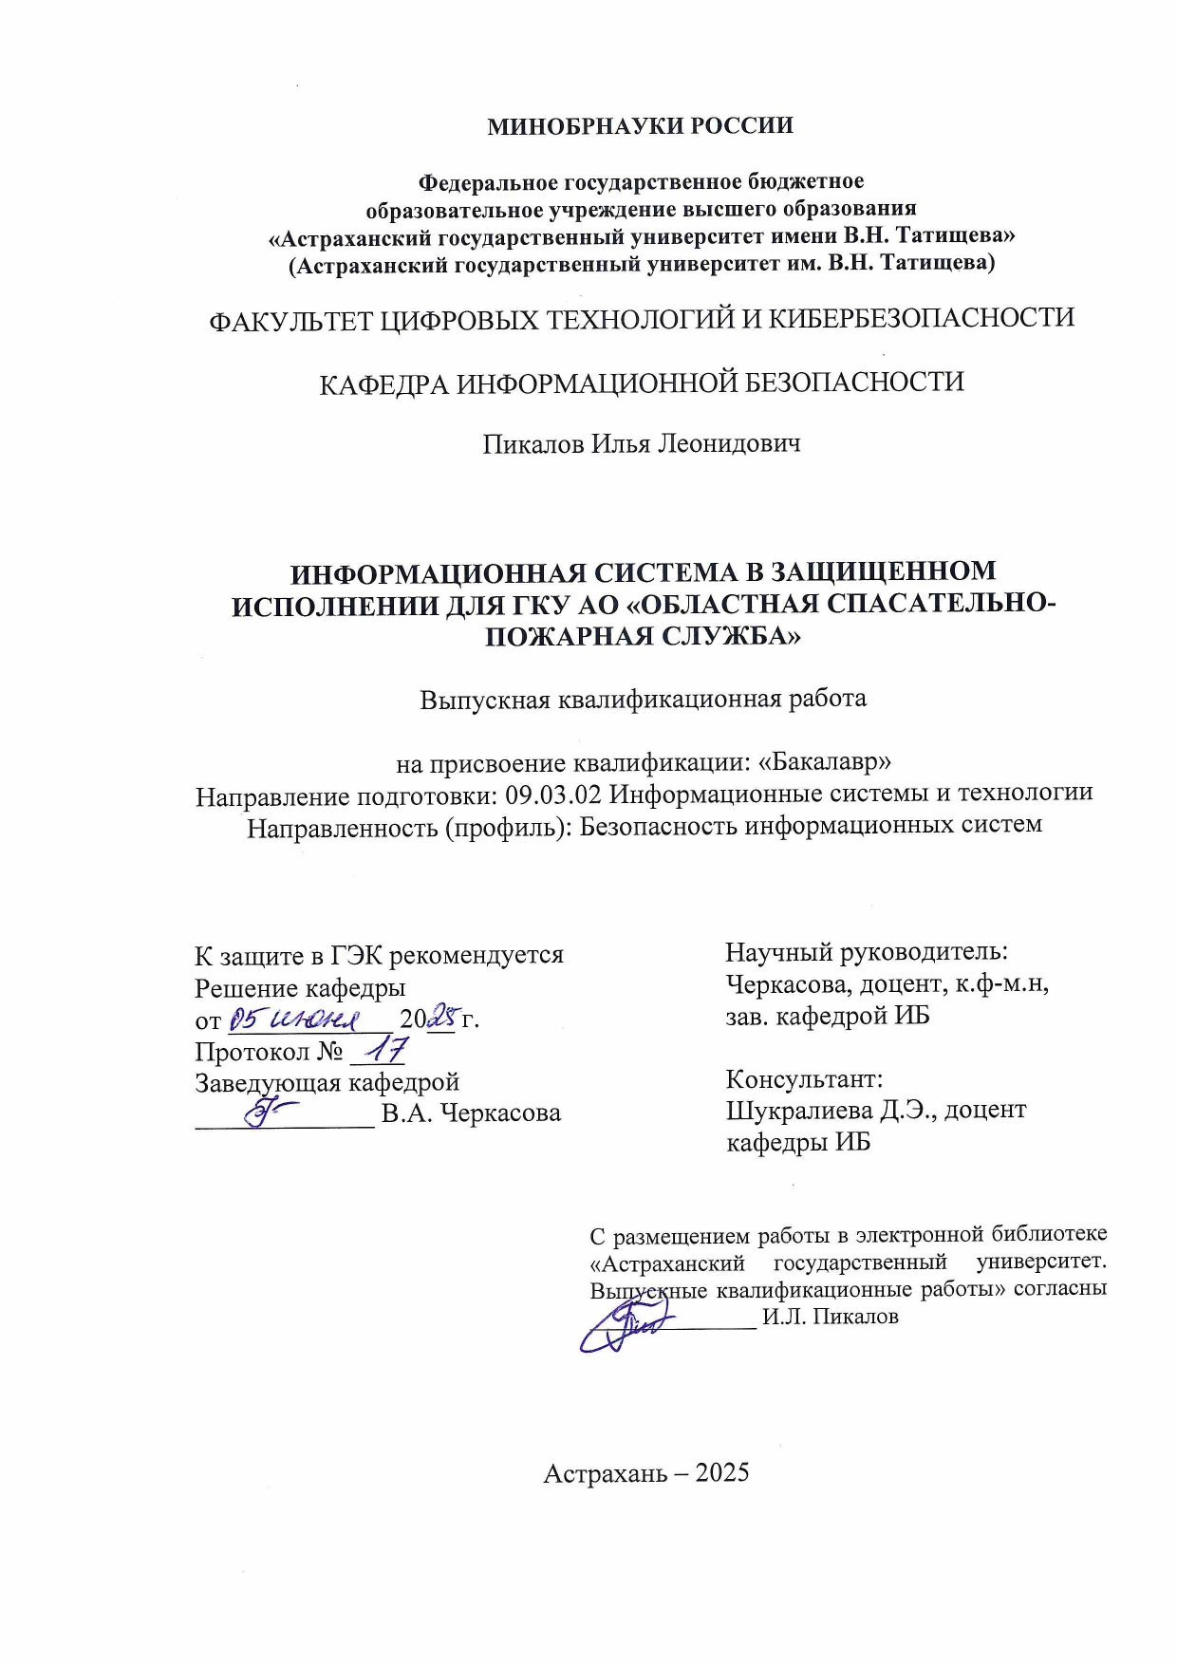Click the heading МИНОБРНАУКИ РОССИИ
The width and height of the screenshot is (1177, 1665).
(x=640, y=126)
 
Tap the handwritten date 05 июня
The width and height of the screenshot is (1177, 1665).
(x=295, y=1020)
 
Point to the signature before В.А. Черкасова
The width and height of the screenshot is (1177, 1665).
(x=270, y=1109)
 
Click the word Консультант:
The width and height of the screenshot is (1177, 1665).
(x=804, y=1078)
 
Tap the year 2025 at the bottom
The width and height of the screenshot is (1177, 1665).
(x=721, y=1473)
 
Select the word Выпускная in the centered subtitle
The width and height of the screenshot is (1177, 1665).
(x=484, y=700)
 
